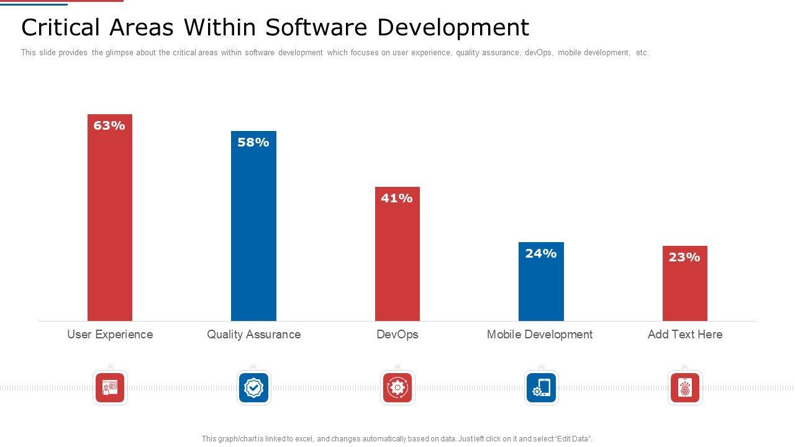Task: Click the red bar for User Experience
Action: [x=110, y=223]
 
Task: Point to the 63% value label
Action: [x=109, y=125]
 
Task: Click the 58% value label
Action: [x=253, y=142]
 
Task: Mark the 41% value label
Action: [x=397, y=198]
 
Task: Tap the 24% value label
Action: [x=541, y=253]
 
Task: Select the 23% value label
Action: [x=684, y=257]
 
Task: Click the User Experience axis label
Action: [x=110, y=334]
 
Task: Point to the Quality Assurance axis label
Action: [x=253, y=334]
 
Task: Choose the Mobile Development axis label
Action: [x=540, y=334]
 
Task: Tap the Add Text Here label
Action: [x=685, y=334]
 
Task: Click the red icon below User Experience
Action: [x=110, y=388]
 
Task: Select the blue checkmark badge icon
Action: [x=253, y=388]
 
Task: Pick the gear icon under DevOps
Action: [x=397, y=388]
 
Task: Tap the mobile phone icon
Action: [x=541, y=388]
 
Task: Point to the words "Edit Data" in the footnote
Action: [x=572, y=439]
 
